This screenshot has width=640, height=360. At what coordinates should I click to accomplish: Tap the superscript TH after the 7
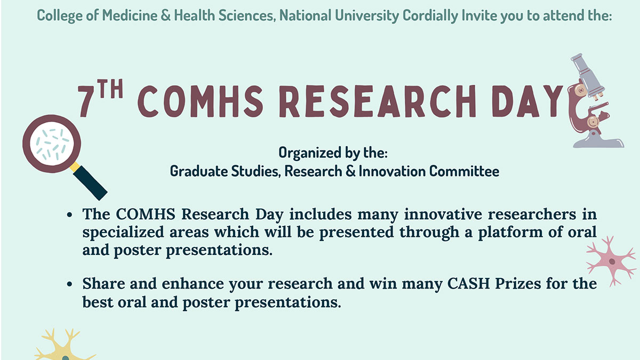110,89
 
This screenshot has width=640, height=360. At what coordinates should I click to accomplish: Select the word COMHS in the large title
201,101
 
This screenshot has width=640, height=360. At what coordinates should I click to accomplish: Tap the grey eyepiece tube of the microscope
587,74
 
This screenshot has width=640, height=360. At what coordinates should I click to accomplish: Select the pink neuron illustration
611,261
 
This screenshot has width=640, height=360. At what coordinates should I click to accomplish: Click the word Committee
465,171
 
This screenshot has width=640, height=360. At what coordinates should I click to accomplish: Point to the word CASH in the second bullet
469,284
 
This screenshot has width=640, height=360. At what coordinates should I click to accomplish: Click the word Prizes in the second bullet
518,284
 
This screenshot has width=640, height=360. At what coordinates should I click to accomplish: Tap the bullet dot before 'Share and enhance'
69,284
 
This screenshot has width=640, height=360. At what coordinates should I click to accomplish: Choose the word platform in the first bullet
510,233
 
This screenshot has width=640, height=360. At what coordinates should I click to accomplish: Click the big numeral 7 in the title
86,101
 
